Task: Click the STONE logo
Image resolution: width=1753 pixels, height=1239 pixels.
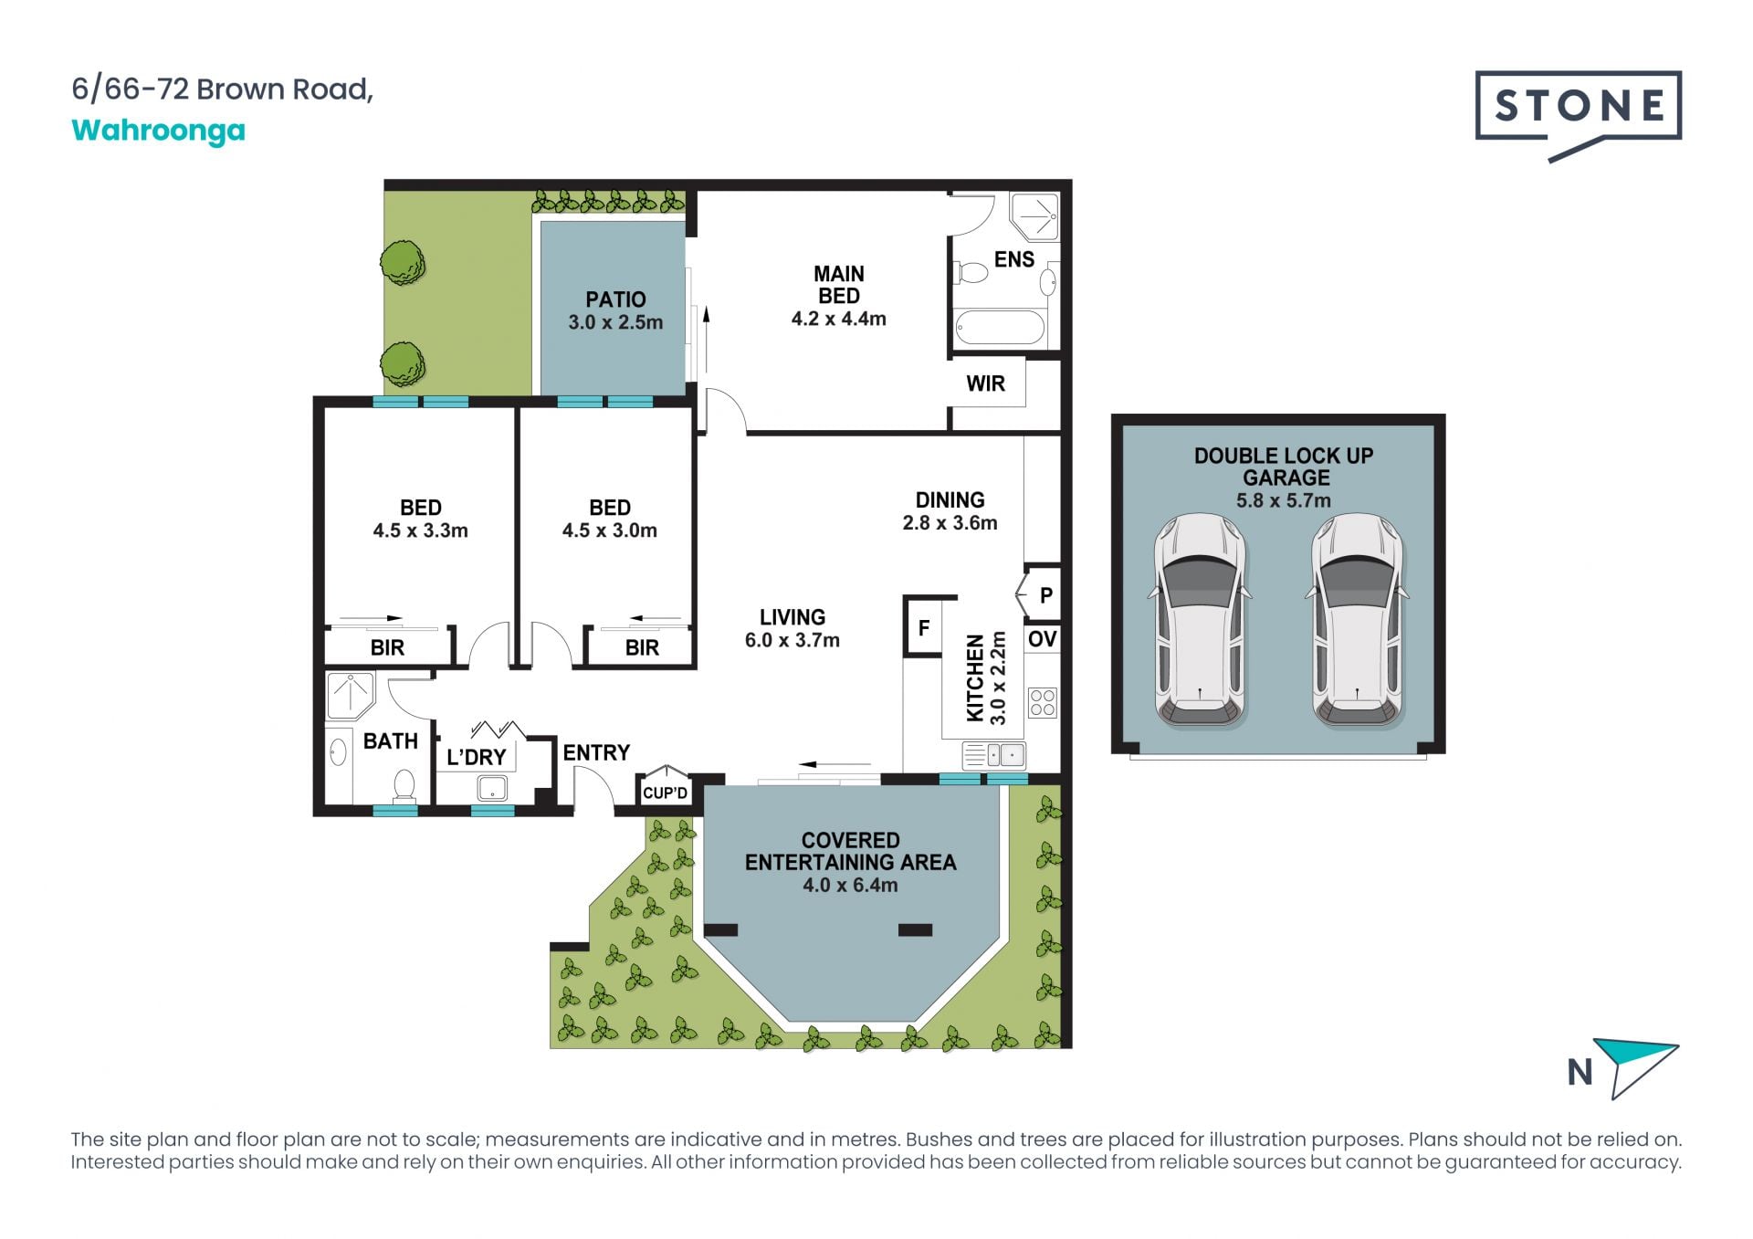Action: pos(1578,115)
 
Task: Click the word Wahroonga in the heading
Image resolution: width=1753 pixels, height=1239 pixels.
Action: pos(159,131)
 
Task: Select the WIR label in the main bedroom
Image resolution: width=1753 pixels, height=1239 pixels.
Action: pos(985,383)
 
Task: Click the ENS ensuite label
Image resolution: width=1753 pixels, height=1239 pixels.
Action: pos(1013,259)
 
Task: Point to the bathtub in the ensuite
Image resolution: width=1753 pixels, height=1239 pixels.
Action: pos(999,327)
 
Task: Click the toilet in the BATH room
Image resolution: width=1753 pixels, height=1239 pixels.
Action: pos(404,785)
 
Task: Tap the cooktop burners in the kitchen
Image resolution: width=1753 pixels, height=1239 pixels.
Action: pos(1043,703)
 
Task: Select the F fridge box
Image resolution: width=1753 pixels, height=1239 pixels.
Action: pos(924,627)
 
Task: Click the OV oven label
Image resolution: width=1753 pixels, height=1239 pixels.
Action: pos(1042,639)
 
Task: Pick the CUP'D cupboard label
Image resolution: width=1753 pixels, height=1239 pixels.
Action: pos(665,793)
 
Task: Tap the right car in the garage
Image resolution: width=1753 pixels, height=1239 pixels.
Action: pos(1357,621)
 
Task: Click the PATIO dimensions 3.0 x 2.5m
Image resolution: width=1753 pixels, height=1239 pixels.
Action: pos(615,322)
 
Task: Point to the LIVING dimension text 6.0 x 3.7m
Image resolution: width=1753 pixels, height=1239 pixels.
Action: pos(792,640)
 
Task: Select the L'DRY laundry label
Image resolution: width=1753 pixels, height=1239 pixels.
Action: pos(476,757)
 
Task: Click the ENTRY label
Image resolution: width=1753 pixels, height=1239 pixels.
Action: pos(596,752)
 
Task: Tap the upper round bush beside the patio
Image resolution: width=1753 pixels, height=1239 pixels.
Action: pos(403,262)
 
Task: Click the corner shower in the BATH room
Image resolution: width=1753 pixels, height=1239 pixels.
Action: pos(350,695)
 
